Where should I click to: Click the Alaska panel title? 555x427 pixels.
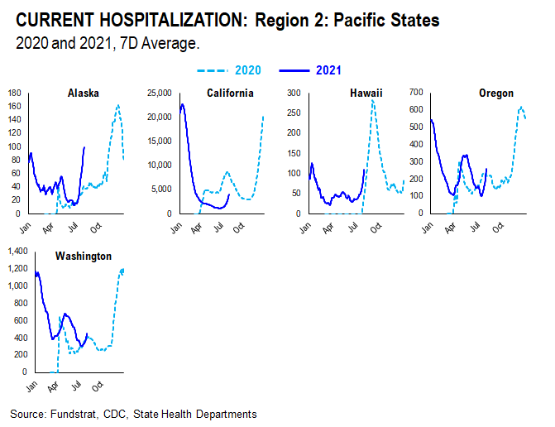pos(83,94)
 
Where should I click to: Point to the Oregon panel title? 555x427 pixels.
pos(495,94)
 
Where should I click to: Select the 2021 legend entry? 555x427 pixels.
pos(328,71)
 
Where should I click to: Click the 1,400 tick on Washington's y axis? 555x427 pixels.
pos(17,250)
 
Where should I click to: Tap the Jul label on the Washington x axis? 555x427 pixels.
pos(75,384)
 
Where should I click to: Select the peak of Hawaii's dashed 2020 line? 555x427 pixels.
pos(373,101)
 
